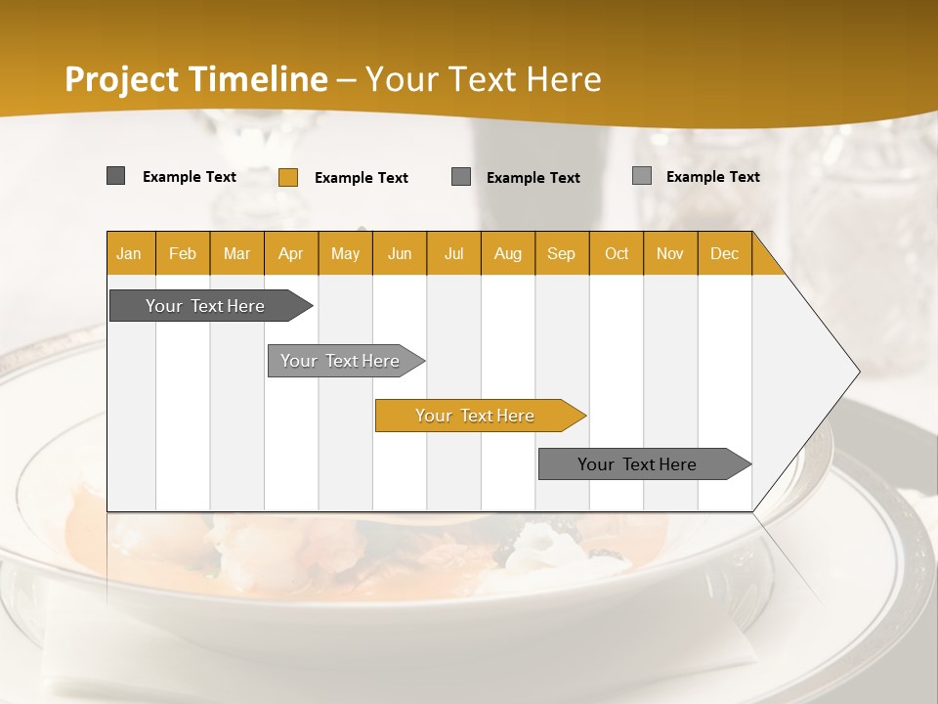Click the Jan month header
129,254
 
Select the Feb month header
183,254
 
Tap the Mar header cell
236,254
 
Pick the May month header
345,254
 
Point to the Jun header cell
400,254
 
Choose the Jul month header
454,254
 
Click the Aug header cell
508,254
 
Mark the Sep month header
562,254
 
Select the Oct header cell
617,254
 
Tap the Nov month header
670,254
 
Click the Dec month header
725,254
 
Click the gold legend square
288,177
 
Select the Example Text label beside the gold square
362,178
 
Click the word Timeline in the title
259,79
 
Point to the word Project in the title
122,79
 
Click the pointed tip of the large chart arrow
858,372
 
